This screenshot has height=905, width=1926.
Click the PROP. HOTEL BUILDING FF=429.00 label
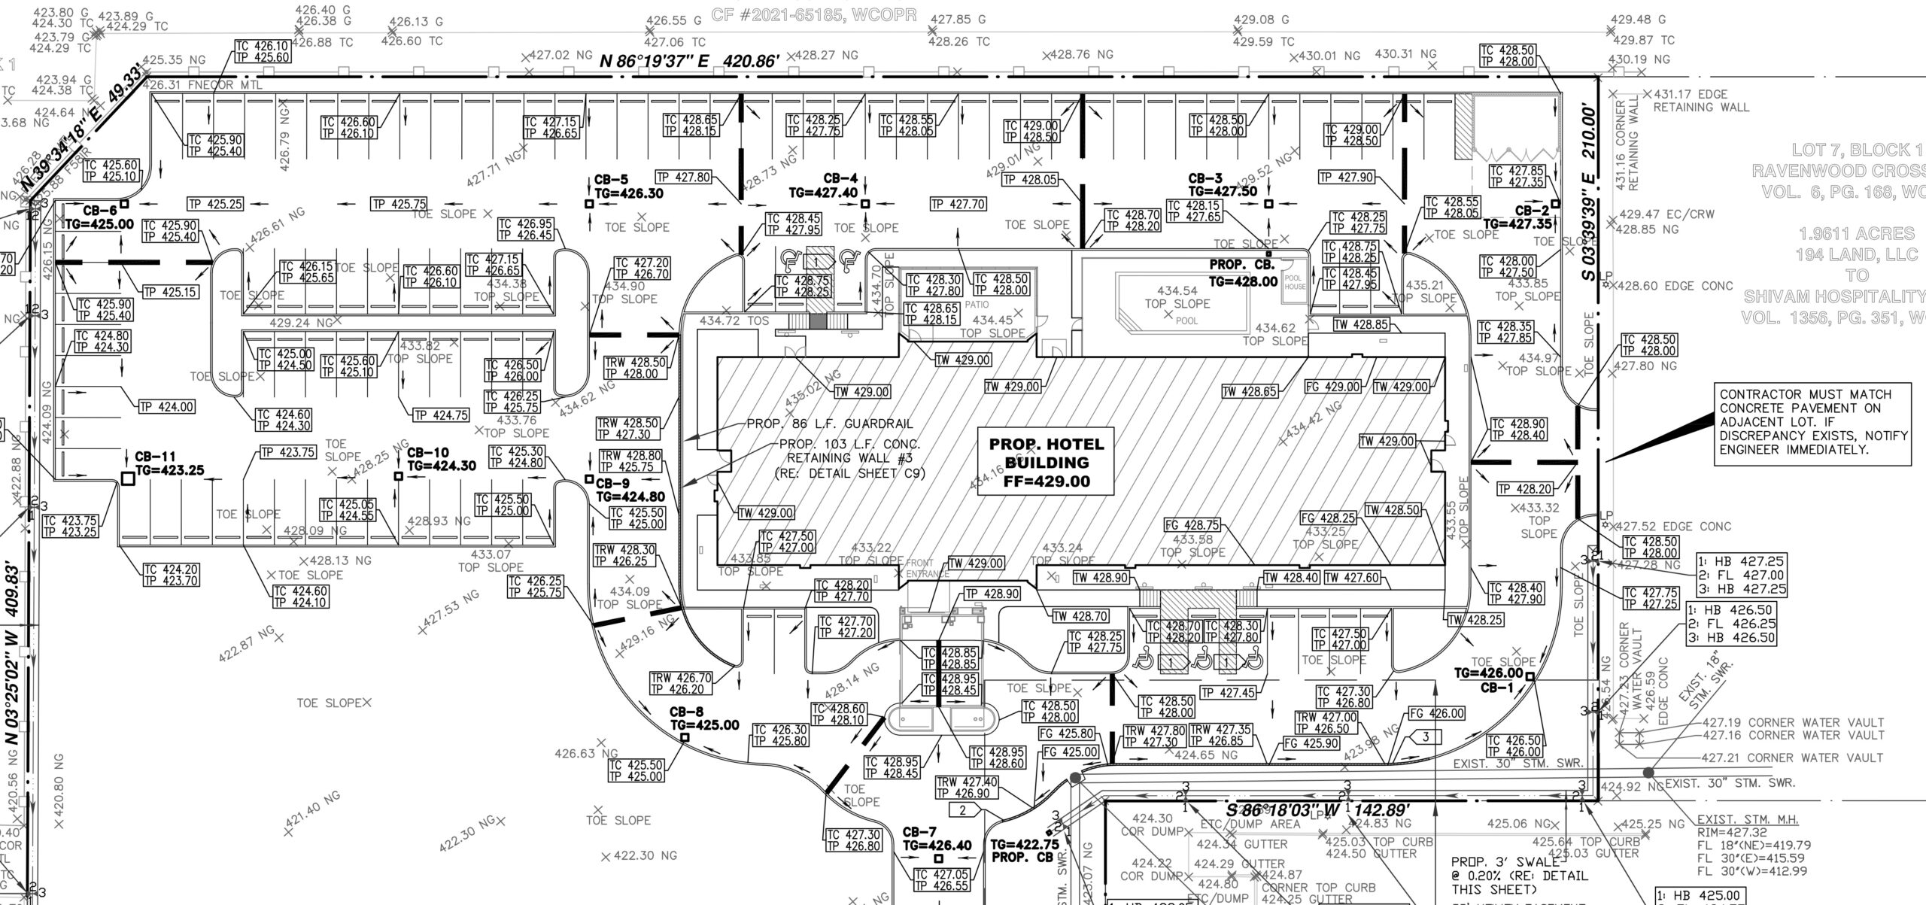pos(1047,462)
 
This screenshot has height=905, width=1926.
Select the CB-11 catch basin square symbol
pos(128,477)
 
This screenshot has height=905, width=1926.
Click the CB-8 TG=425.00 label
pos(704,718)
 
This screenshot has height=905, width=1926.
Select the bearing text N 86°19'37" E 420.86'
pos(688,61)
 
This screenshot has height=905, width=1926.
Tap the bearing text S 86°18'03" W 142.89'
pos(1317,811)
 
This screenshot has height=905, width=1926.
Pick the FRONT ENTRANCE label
pos(926,568)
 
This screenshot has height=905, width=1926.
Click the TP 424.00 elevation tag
pos(166,407)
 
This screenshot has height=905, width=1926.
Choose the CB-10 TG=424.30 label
pos(441,459)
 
